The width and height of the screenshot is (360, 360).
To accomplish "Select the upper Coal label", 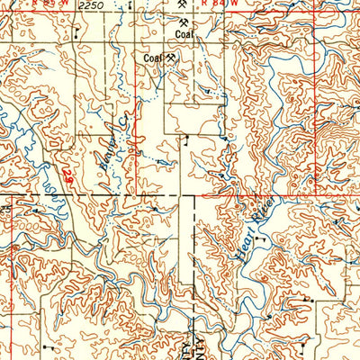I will pos(184,36).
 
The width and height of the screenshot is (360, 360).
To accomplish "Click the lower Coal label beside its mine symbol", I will pos(153,58).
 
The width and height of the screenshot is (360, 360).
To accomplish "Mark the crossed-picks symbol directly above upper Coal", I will pos(184,23).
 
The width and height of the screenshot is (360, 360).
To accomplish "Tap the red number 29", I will pos(69,168).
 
